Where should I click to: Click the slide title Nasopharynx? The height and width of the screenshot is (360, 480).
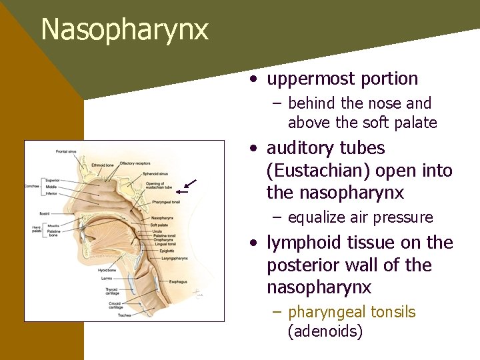(x=124, y=30)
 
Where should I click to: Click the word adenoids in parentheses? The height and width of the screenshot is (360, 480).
(x=325, y=331)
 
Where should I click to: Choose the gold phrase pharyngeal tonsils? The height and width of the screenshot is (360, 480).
(x=351, y=312)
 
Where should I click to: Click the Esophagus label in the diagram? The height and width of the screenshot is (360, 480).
(x=178, y=283)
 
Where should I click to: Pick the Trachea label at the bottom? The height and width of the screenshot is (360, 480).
(x=124, y=315)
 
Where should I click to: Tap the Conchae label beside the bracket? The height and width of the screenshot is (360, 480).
(x=32, y=186)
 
